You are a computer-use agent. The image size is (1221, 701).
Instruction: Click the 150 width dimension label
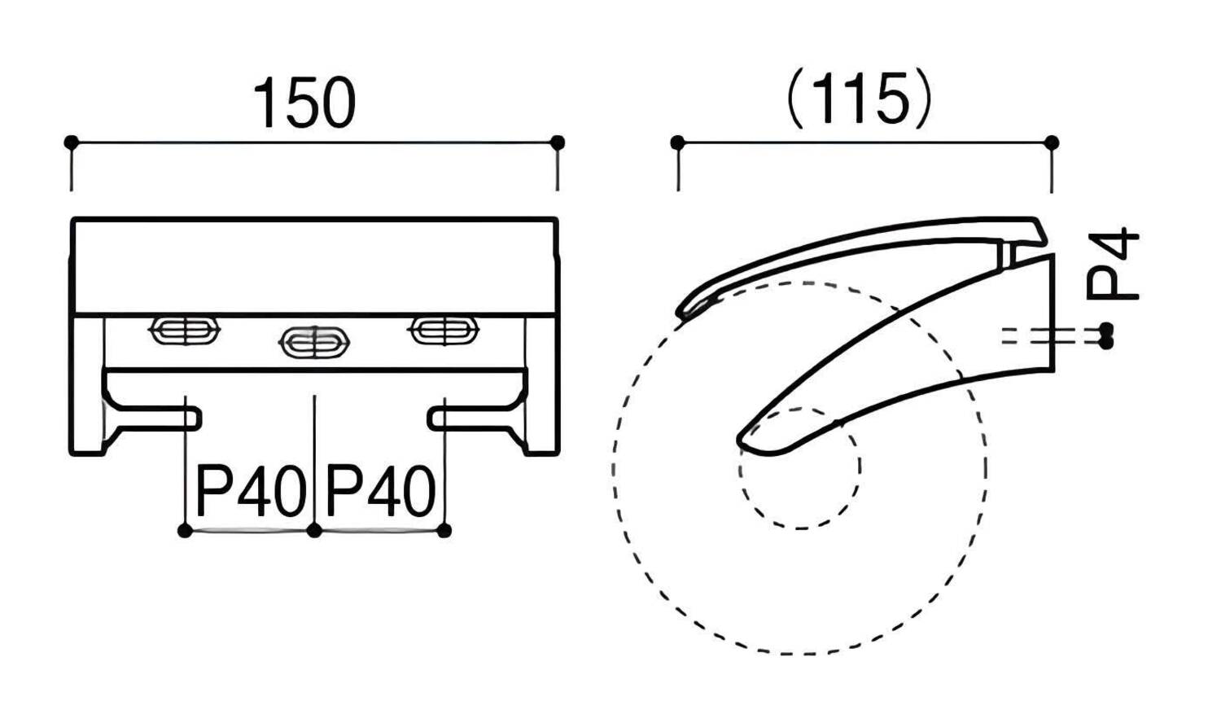click(304, 103)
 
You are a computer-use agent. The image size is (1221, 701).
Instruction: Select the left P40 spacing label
click(250, 491)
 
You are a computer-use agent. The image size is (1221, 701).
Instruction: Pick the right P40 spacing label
click(380, 491)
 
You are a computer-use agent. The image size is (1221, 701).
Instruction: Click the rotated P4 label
click(1113, 265)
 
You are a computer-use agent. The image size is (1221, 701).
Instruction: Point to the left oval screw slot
click(185, 331)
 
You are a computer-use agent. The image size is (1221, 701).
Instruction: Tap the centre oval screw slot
click(314, 343)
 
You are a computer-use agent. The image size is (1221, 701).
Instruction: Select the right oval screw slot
click(444, 331)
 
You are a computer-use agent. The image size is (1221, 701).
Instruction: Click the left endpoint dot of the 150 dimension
click(71, 142)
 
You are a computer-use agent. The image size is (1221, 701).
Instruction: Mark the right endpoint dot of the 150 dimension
click(557, 142)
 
